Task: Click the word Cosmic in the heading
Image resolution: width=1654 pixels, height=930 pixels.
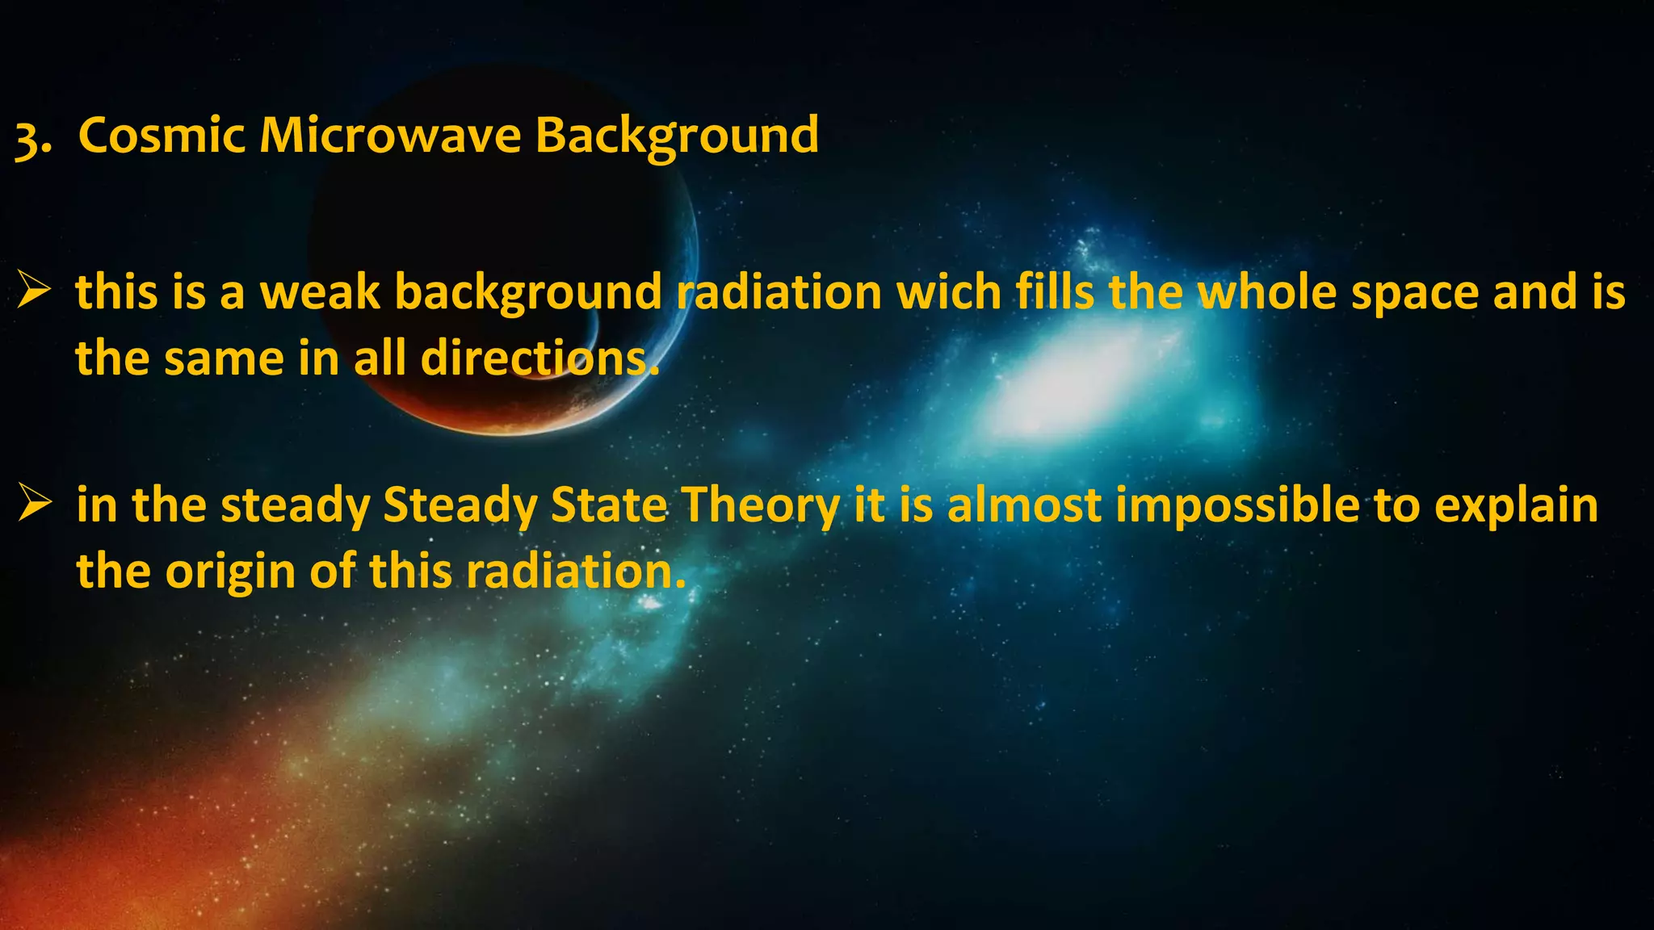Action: pyautogui.click(x=162, y=135)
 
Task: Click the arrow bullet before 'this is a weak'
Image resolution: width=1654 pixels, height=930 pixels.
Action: pyautogui.click(x=35, y=291)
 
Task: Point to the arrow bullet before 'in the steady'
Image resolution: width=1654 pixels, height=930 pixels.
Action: pyautogui.click(x=35, y=504)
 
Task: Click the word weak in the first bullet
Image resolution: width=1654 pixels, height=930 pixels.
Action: pyautogui.click(x=319, y=291)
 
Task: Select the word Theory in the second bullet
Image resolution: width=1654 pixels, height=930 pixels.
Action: pyautogui.click(x=762, y=507)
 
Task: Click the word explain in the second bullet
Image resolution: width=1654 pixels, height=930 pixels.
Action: pyautogui.click(x=1516, y=507)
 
